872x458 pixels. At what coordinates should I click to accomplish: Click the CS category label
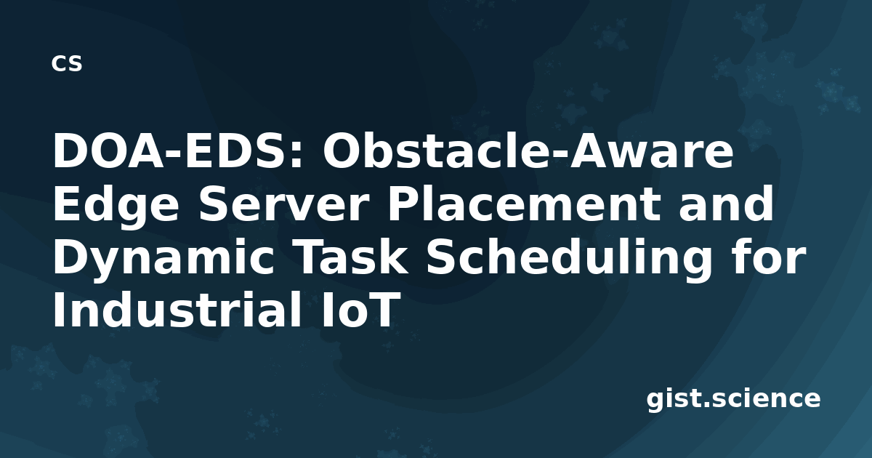click(x=67, y=63)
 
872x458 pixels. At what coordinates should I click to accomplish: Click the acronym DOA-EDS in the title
click(x=173, y=151)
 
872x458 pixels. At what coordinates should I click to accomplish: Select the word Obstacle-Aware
click(x=528, y=151)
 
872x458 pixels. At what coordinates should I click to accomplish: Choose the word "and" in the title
click(x=726, y=203)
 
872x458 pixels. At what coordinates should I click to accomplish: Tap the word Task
click(x=350, y=256)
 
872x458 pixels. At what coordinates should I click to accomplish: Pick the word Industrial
click(x=177, y=308)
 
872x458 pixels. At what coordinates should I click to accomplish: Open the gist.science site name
click(x=733, y=399)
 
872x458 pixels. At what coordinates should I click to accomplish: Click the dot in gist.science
click(x=706, y=404)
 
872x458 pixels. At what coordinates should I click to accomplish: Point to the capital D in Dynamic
click(x=73, y=256)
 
